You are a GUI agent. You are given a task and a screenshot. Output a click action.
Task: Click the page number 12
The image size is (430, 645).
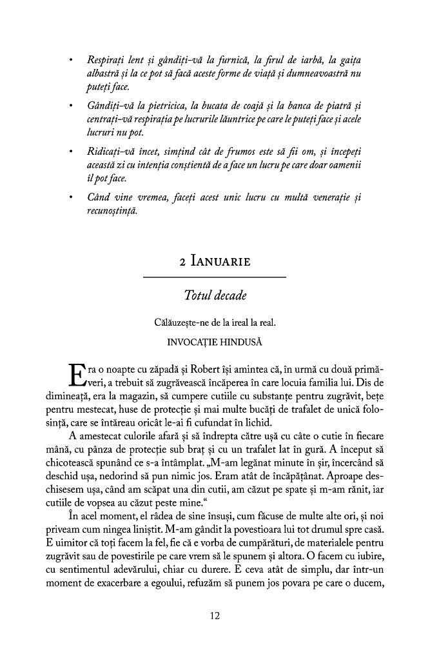click(215, 615)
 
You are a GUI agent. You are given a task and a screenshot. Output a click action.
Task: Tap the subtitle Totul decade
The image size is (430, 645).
click(215, 296)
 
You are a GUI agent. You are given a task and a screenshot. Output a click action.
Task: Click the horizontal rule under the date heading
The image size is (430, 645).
click(215, 277)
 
